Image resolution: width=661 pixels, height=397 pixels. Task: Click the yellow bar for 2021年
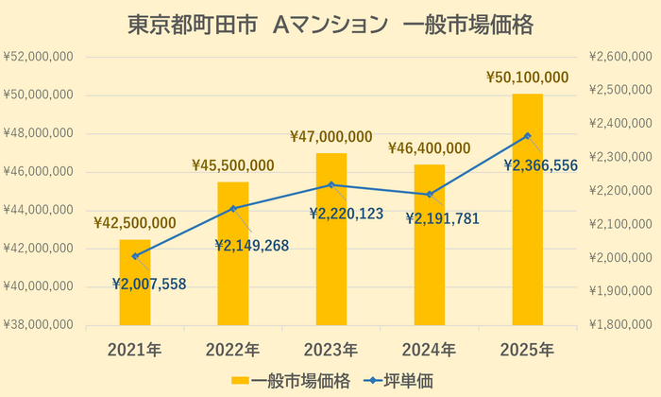pyautogui.click(x=134, y=283)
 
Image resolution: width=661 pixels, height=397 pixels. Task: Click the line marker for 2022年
pyautogui.click(x=233, y=208)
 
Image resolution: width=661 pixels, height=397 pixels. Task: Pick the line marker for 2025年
pyautogui.click(x=527, y=135)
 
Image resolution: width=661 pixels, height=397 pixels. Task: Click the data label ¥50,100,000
pyautogui.click(x=527, y=77)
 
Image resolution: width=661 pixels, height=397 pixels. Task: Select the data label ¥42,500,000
pyautogui.click(x=134, y=223)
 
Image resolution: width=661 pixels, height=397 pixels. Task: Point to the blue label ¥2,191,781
pyautogui.click(x=442, y=218)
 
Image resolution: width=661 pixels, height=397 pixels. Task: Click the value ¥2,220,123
pyautogui.click(x=346, y=214)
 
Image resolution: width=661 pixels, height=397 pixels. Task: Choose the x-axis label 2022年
pyautogui.click(x=232, y=350)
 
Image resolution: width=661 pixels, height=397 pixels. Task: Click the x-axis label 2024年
pyautogui.click(x=429, y=350)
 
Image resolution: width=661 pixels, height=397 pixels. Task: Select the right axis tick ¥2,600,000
pyautogui.click(x=619, y=58)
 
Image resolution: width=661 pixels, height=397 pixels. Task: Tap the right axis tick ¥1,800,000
pyautogui.click(x=619, y=325)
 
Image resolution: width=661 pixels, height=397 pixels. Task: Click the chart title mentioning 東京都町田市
pyautogui.click(x=330, y=25)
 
